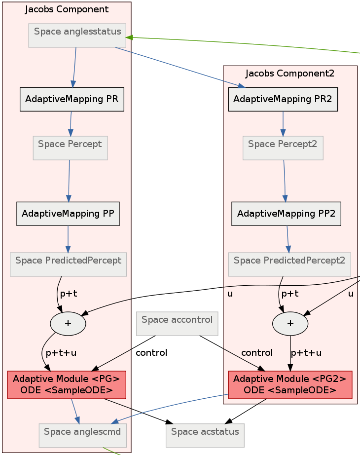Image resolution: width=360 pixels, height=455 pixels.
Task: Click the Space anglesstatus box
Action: click(x=77, y=36)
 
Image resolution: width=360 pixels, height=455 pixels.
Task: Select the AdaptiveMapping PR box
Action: click(x=72, y=99)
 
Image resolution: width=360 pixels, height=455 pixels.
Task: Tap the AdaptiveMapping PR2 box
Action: click(x=283, y=99)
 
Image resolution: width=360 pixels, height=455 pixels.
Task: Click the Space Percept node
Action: click(x=70, y=148)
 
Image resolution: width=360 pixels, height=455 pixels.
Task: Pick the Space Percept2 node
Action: click(x=283, y=148)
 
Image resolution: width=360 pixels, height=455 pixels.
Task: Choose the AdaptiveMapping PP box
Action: click(x=68, y=214)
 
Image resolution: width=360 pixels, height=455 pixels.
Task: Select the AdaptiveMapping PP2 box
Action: click(x=287, y=214)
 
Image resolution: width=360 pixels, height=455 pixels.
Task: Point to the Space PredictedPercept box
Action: click(x=68, y=265)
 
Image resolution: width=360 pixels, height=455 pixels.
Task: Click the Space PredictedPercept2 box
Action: click(x=289, y=265)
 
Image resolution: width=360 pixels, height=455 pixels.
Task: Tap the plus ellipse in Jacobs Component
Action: click(x=68, y=324)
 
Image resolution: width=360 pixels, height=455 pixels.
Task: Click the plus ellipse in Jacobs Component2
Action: click(x=290, y=324)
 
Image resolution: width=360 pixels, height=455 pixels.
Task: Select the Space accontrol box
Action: click(x=177, y=324)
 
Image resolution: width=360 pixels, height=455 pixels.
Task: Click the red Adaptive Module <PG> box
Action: click(x=67, y=385)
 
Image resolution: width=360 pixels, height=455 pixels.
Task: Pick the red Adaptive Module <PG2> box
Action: click(x=290, y=385)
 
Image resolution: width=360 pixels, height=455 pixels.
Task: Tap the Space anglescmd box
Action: click(x=83, y=436)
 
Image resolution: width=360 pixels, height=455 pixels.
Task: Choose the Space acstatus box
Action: click(x=205, y=436)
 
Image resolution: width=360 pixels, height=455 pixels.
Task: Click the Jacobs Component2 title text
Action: click(x=290, y=74)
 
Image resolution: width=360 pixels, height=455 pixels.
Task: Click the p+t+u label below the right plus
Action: click(x=306, y=353)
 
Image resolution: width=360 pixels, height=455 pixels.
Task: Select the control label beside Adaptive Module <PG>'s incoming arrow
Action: click(x=151, y=353)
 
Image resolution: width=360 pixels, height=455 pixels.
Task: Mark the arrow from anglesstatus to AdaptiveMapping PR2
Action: click(x=180, y=67)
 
